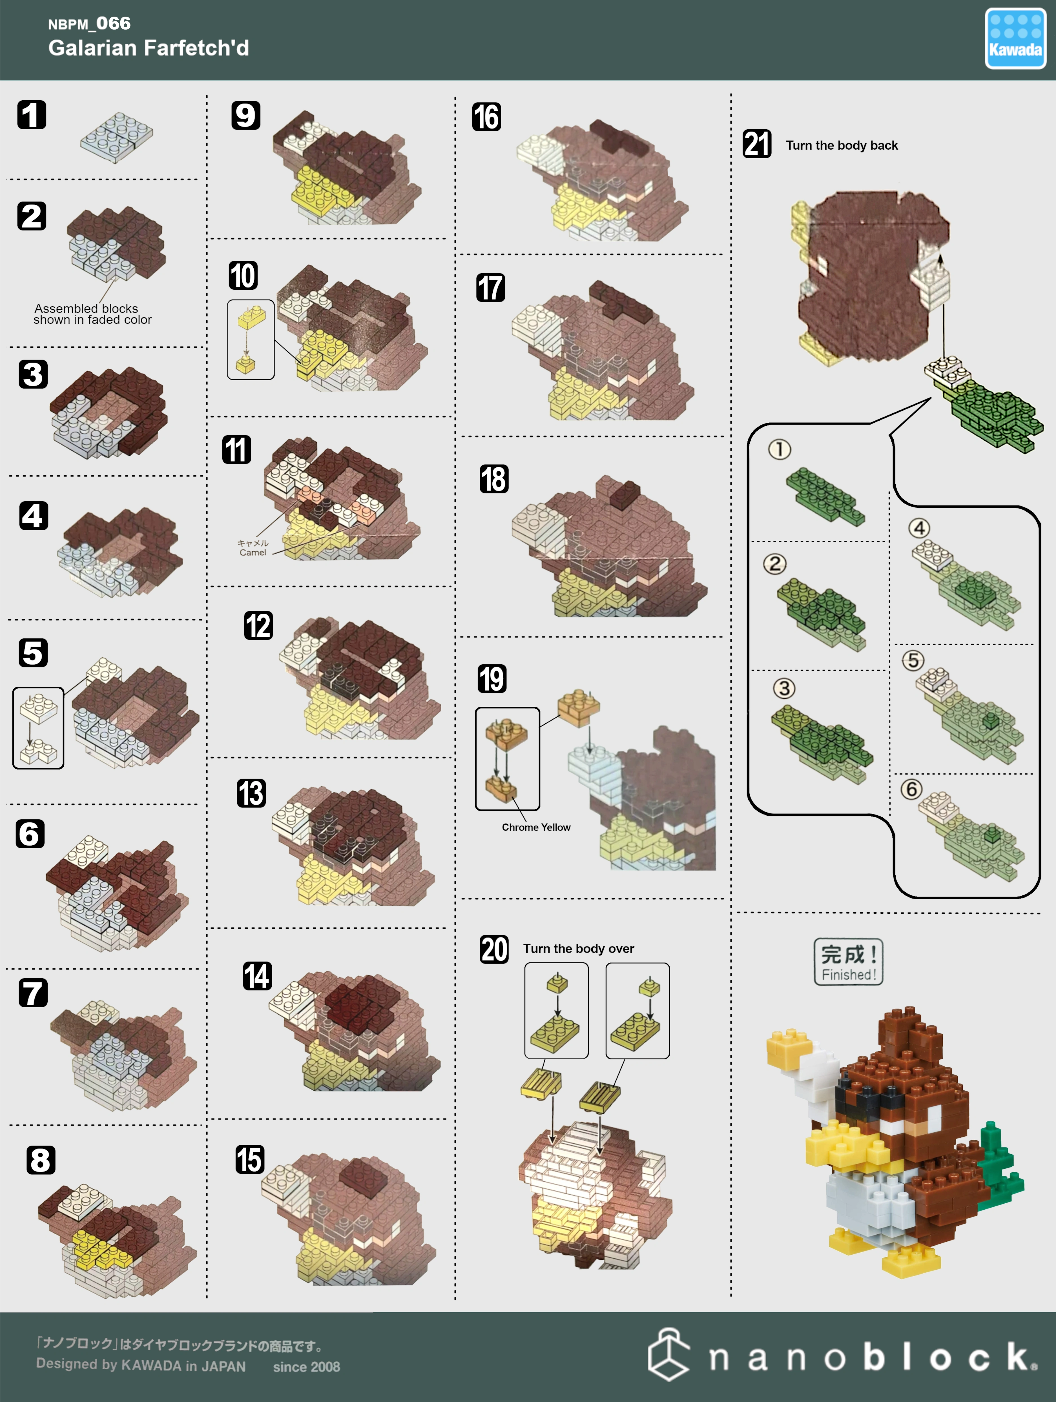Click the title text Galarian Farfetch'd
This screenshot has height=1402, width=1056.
tap(148, 48)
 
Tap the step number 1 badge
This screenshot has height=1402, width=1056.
tap(32, 115)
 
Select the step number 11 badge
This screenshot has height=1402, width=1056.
tap(236, 449)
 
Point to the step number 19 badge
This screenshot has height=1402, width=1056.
tap(492, 678)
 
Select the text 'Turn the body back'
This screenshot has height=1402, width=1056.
tap(842, 145)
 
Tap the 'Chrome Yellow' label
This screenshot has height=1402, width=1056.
tap(536, 827)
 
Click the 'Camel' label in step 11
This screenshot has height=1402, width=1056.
tap(253, 553)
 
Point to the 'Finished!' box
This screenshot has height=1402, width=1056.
tap(849, 962)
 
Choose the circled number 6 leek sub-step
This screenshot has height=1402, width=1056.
tap(911, 789)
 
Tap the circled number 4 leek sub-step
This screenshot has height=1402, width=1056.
tap(919, 528)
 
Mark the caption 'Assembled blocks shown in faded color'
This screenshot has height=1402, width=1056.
tap(92, 314)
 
